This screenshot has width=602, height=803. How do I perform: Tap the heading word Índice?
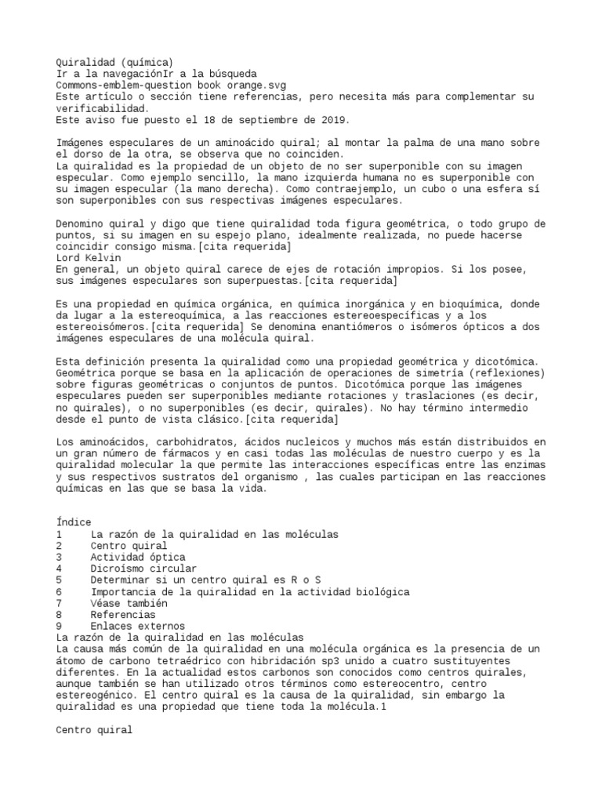pyautogui.click(x=74, y=521)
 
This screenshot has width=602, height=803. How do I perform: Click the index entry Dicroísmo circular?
pyautogui.click(x=143, y=568)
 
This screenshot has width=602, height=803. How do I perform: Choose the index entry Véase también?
pyautogui.click(x=129, y=603)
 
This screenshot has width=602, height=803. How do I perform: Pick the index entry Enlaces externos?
pyautogui.click(x=137, y=626)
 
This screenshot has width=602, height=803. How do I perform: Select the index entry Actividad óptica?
pyautogui.click(x=138, y=557)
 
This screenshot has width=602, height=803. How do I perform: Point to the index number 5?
pyautogui.click(x=60, y=580)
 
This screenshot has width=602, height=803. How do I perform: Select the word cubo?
pyautogui.click(x=441, y=189)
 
